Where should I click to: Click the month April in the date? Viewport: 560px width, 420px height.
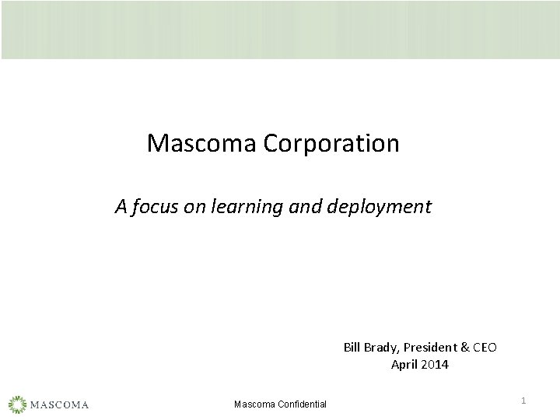(x=404, y=364)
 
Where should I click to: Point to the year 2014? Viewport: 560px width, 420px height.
(x=435, y=364)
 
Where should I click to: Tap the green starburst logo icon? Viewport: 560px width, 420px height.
(x=18, y=404)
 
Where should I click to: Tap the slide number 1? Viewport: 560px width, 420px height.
(x=523, y=400)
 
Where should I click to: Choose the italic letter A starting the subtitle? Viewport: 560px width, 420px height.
(x=121, y=206)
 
